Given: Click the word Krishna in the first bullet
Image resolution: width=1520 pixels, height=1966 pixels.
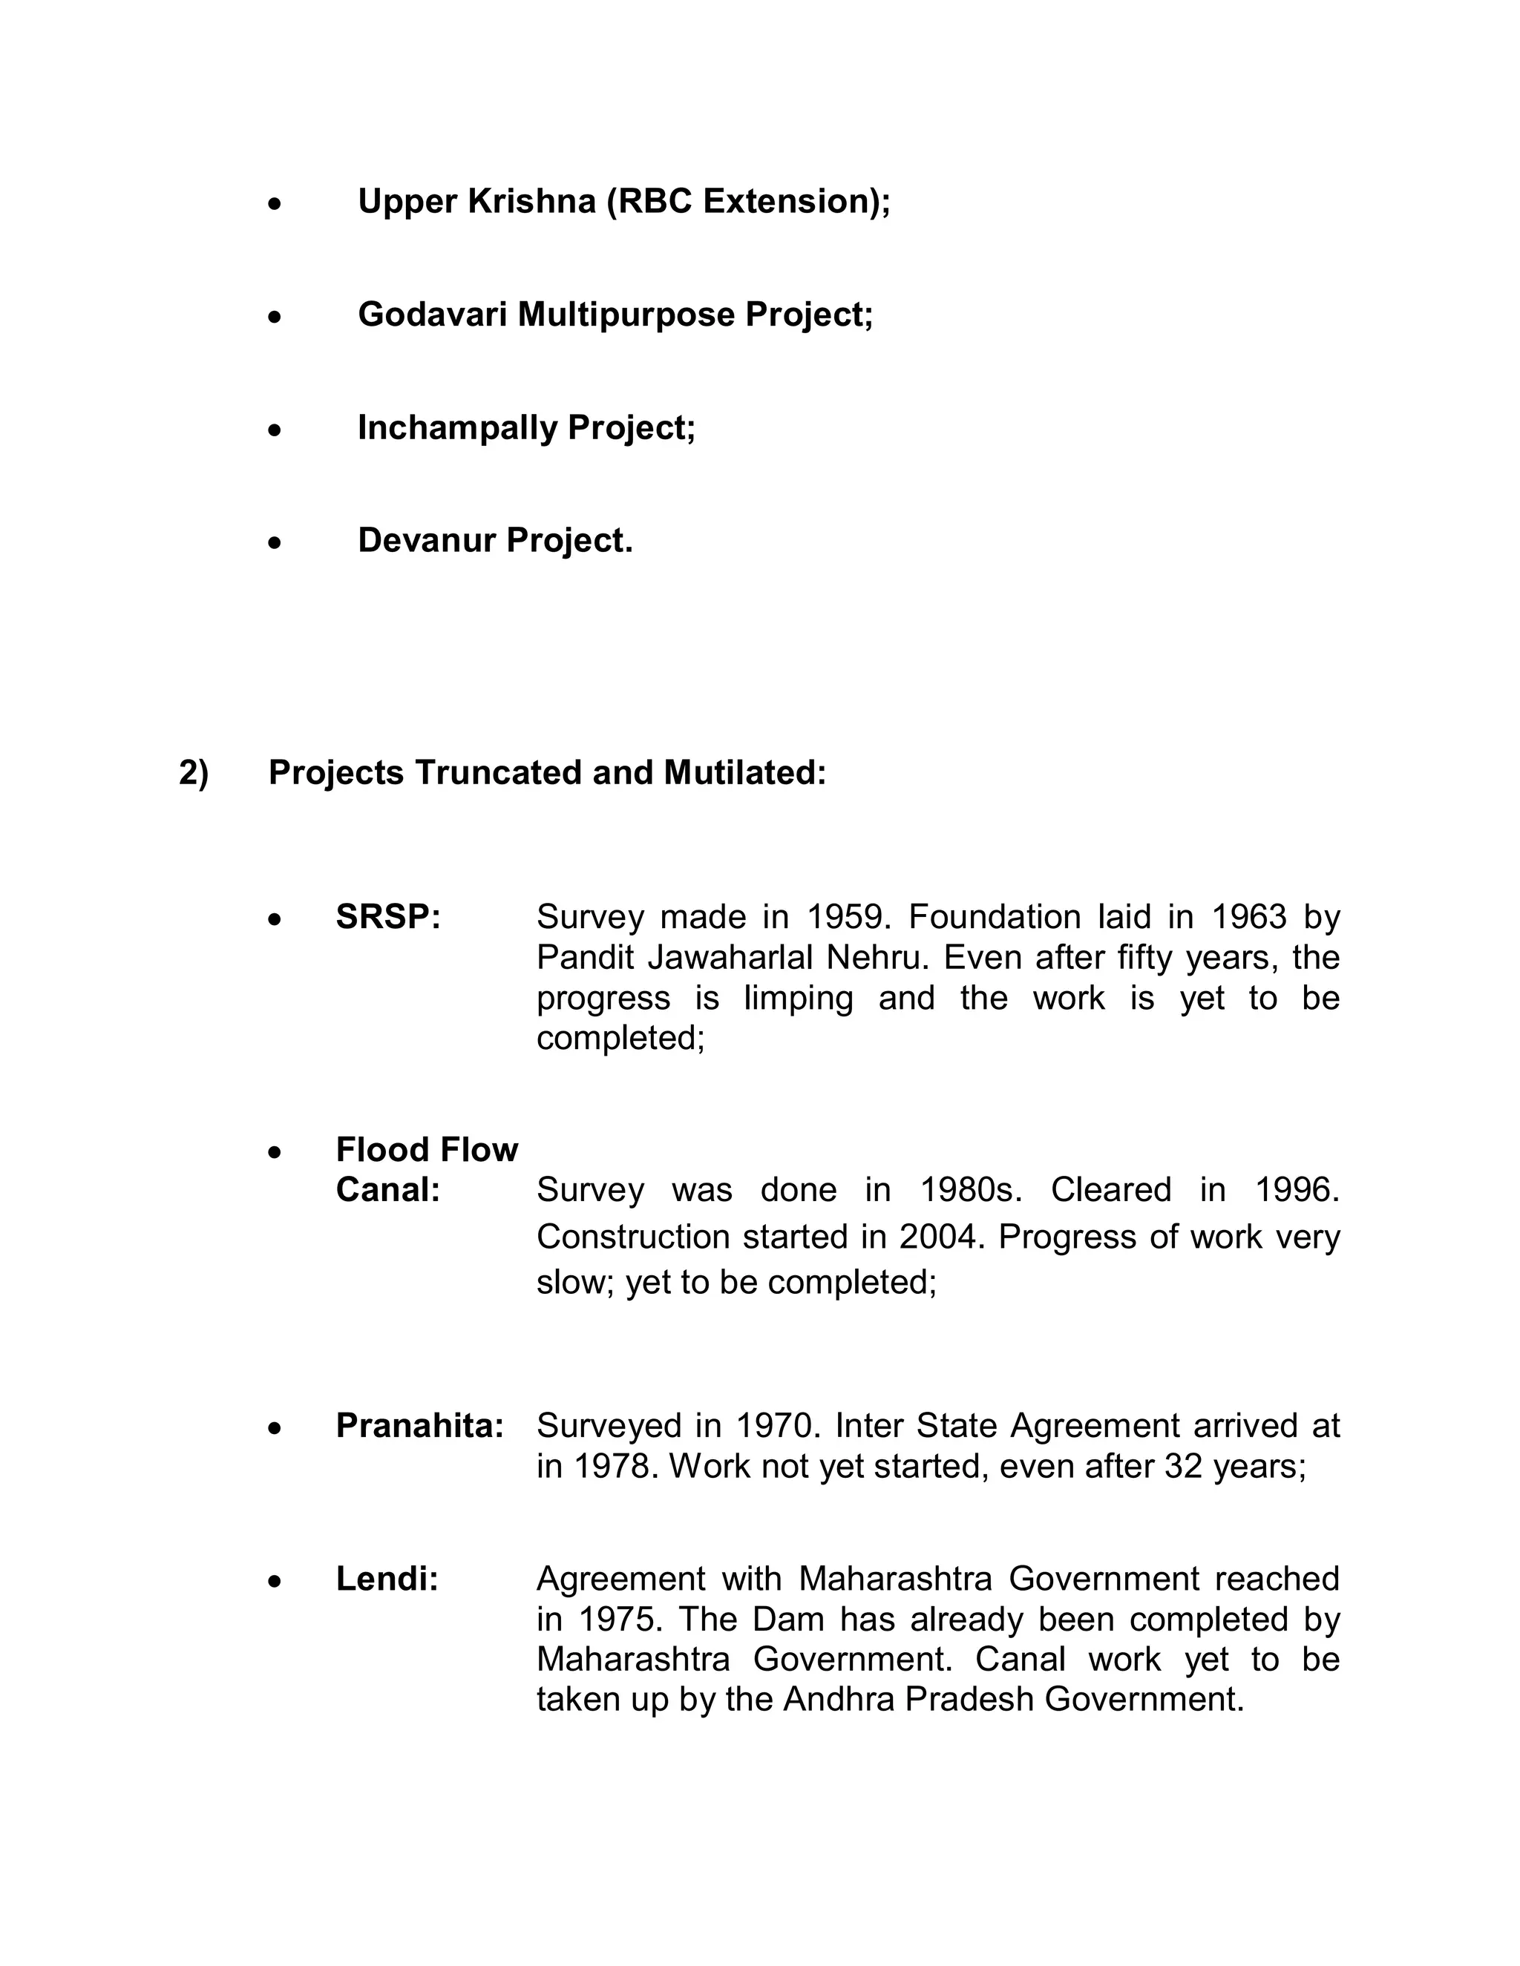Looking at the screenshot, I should point(531,202).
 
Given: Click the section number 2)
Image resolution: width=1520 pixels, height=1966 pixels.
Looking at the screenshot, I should point(194,773).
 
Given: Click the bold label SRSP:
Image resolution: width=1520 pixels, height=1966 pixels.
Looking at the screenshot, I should point(388,917).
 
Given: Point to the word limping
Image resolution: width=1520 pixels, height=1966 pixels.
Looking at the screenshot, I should point(798,999).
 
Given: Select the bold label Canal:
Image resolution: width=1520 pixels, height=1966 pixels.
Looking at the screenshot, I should point(388,1191).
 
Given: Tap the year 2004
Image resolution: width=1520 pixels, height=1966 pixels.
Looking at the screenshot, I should point(937,1237).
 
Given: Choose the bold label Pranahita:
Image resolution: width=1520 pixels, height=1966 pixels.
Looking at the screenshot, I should point(419,1426).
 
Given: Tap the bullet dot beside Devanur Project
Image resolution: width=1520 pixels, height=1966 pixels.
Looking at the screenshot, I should point(275,544).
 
